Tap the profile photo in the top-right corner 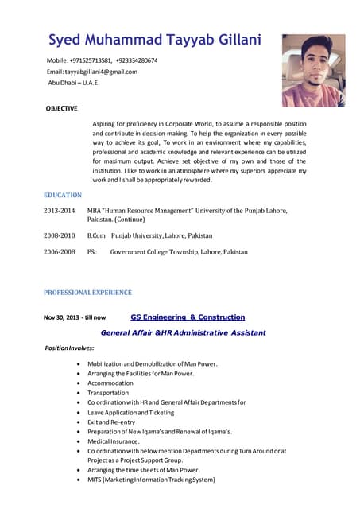(313, 70)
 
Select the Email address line (92, 72)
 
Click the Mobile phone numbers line (102, 60)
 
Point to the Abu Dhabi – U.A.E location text (73, 83)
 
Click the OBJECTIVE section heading (61, 108)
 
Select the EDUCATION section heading (63, 195)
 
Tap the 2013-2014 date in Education (59, 211)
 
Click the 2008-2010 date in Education (59, 236)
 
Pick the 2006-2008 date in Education (59, 252)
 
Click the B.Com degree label (96, 236)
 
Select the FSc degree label (92, 252)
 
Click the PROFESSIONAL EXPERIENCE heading (87, 293)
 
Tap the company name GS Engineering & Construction (188, 317)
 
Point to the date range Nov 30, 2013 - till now (75, 317)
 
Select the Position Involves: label (70, 348)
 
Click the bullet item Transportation (108, 393)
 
